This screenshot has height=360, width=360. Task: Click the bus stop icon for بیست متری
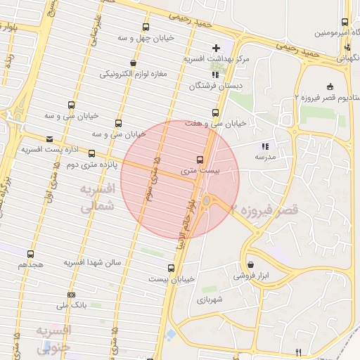200,159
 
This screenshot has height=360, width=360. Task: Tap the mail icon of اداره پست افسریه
49,139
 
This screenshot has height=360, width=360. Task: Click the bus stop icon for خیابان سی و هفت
215,112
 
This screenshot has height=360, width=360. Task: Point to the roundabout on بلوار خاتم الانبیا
205,202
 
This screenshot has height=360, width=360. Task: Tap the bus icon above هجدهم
30,254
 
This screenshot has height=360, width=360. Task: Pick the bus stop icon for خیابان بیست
171,267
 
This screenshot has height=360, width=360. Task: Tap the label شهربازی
210,300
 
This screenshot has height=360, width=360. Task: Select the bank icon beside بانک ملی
71,295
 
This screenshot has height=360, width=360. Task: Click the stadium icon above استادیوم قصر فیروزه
330,86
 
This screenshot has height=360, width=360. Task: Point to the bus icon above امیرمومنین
345,22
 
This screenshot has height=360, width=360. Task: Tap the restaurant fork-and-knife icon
298,352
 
